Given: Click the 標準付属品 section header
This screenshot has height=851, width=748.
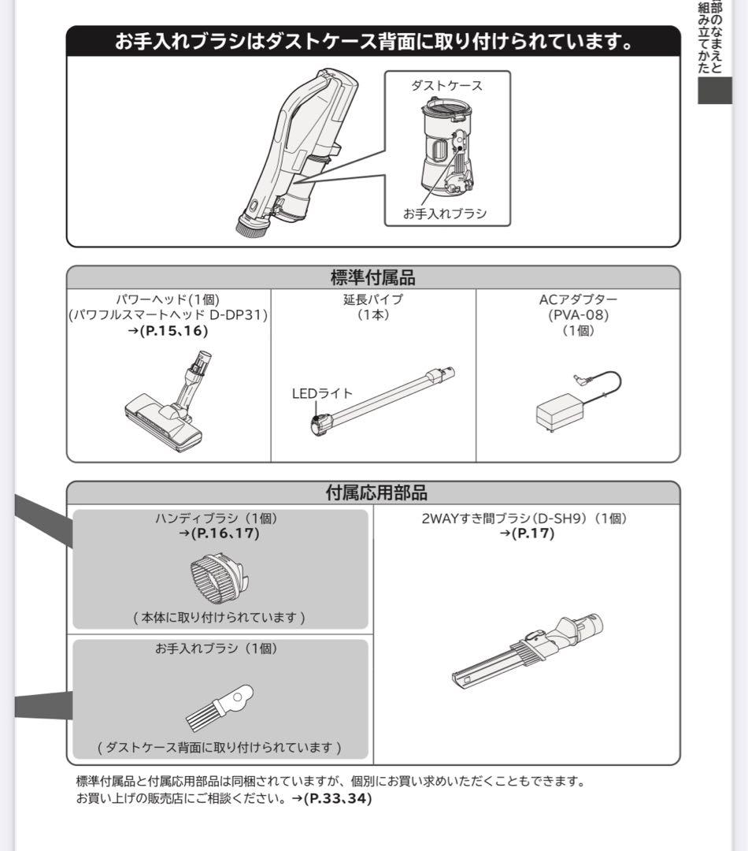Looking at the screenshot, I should coord(372,277).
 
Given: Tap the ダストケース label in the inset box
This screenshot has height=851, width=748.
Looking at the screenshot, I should coord(446,86).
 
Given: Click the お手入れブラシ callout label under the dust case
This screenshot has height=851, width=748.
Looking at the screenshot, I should coord(445,213).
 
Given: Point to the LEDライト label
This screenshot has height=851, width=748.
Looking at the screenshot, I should coord(322,393).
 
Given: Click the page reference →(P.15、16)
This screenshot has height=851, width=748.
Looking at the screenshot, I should coord(168,331).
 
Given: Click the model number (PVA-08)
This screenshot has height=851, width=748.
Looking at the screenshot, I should coord(579,315).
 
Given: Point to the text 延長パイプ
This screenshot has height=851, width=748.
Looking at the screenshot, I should coord(373,299).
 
